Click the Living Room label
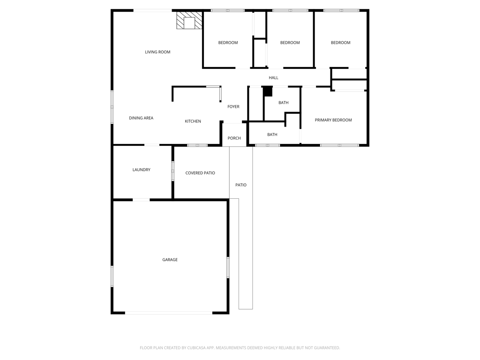click(x=157, y=52)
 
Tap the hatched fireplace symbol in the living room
click(x=189, y=21)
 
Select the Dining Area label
click(x=141, y=118)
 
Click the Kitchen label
click(x=193, y=121)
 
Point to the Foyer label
click(x=233, y=107)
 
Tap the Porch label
click(x=234, y=138)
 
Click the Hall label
click(x=273, y=78)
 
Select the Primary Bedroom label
click(x=333, y=120)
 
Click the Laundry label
click(x=141, y=170)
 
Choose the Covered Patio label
click(x=200, y=173)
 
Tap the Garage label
click(x=170, y=260)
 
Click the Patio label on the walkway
click(x=241, y=185)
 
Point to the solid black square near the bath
click(x=268, y=91)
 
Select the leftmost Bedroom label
click(x=228, y=43)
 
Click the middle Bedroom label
click(x=290, y=43)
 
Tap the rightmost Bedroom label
click(x=340, y=43)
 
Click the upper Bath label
click(x=284, y=103)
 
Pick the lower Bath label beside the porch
click(x=272, y=135)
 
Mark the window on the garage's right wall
click(x=228, y=267)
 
